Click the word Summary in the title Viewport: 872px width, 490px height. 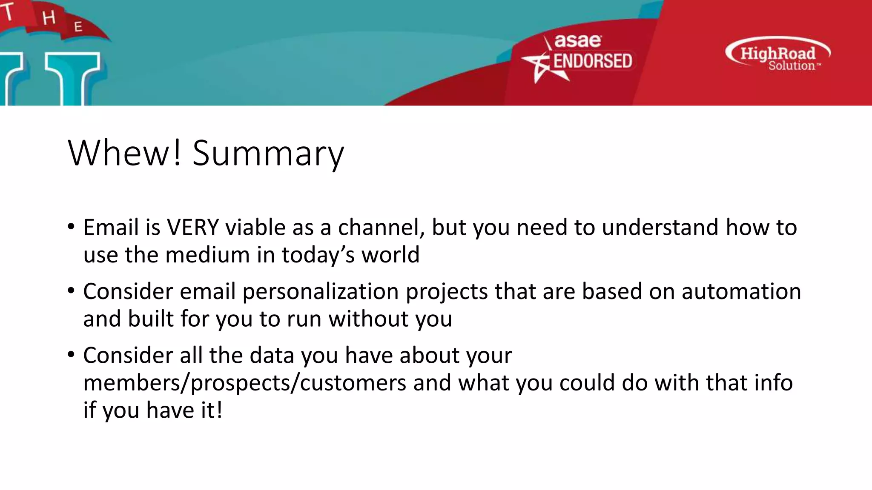pyautogui.click(x=268, y=154)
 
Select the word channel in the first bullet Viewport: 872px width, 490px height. pyautogui.click(x=381, y=228)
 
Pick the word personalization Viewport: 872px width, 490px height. pyautogui.click(x=320, y=292)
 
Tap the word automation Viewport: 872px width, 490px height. pyautogui.click(x=741, y=292)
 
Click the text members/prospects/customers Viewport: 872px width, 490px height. pyautogui.click(x=244, y=383)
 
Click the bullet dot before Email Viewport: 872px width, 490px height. pyautogui.click(x=71, y=227)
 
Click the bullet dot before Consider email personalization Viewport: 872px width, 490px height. pyautogui.click(x=71, y=291)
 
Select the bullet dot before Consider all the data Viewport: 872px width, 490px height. pyautogui.click(x=71, y=355)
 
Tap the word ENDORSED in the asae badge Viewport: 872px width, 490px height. pyautogui.click(x=592, y=61)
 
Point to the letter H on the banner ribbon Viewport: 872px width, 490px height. pyautogui.click(x=49, y=18)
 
